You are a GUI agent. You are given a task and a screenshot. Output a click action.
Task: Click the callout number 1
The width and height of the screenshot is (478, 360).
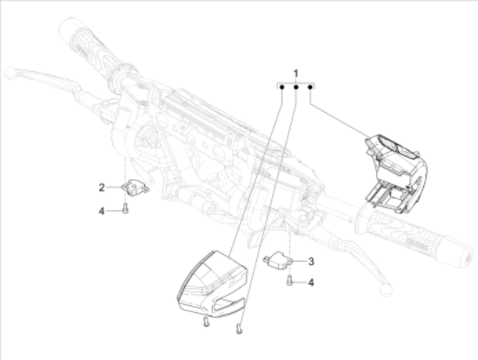(295, 74)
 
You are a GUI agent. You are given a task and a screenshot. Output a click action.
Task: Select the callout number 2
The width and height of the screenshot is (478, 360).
(102, 187)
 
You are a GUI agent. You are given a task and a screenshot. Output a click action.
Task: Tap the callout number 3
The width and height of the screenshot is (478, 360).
(311, 261)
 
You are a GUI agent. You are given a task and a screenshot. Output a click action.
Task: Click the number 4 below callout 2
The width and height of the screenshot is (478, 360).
(102, 210)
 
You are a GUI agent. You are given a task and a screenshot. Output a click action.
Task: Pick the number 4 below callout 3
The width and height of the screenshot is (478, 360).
(311, 283)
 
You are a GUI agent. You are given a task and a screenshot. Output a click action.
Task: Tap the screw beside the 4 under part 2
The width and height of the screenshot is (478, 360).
(125, 210)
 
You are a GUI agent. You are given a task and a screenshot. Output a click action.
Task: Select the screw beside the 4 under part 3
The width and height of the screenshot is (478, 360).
(289, 280)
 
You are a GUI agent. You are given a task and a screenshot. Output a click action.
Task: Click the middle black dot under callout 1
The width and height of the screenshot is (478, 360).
(295, 87)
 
